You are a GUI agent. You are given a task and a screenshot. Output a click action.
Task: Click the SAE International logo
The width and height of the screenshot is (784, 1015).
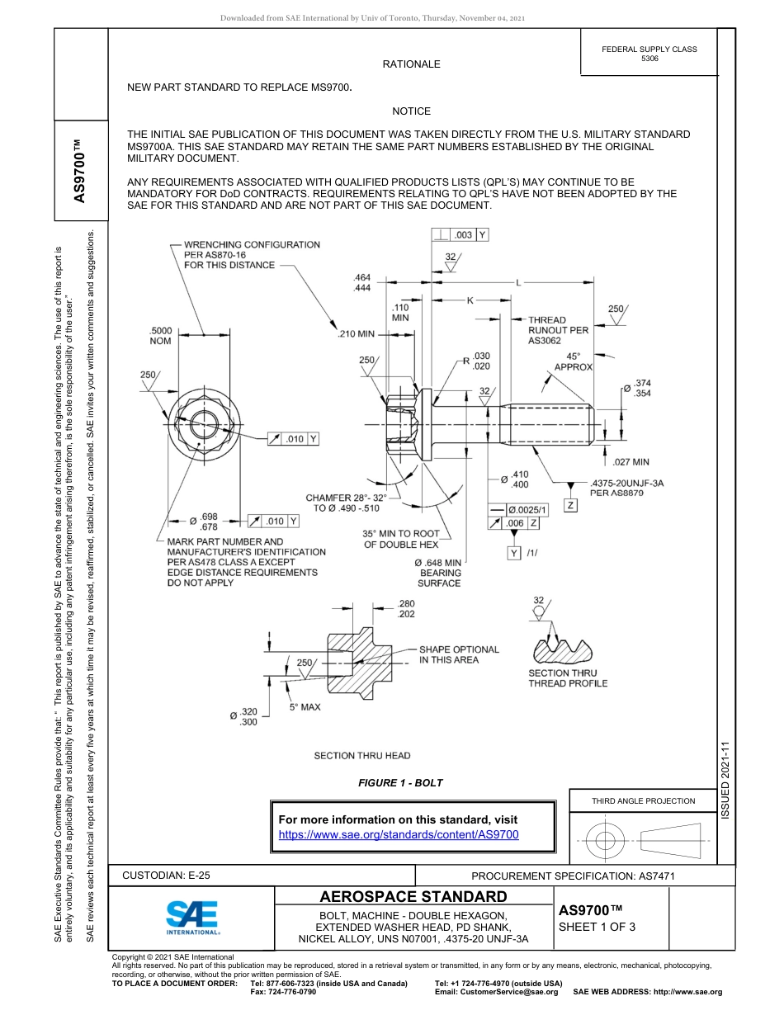(192, 916)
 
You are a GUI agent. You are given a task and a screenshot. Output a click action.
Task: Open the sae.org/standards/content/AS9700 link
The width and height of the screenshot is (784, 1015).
(399, 835)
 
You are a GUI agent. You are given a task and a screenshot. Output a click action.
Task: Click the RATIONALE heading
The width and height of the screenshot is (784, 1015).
(411, 64)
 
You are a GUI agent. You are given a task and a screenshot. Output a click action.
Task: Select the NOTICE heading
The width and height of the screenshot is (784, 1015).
(411, 111)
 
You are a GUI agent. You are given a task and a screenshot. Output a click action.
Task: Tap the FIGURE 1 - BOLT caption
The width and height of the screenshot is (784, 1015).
(400, 782)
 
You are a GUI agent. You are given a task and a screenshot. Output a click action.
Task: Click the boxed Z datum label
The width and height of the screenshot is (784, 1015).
(570, 504)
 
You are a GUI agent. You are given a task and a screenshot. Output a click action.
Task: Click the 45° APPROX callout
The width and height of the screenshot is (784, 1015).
(573, 361)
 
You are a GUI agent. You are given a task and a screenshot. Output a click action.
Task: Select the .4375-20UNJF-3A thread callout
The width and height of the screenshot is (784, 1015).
(628, 487)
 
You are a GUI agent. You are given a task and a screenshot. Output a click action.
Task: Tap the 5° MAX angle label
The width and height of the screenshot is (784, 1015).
(305, 707)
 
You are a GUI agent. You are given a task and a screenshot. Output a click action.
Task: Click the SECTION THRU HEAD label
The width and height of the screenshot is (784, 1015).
(361, 755)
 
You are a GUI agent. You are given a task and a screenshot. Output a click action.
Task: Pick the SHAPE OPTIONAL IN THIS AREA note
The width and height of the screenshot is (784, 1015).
(459, 654)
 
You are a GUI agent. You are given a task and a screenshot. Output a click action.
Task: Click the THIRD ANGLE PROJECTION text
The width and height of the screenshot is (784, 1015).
(643, 800)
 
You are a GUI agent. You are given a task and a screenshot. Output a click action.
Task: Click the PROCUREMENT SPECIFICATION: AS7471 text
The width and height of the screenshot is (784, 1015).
(573, 876)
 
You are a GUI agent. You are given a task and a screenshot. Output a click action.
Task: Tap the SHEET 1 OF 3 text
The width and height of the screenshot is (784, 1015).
(593, 926)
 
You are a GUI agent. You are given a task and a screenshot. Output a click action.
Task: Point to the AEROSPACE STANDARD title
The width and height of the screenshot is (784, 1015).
(413, 896)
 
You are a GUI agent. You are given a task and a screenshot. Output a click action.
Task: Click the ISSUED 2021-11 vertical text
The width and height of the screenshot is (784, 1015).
(725, 779)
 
